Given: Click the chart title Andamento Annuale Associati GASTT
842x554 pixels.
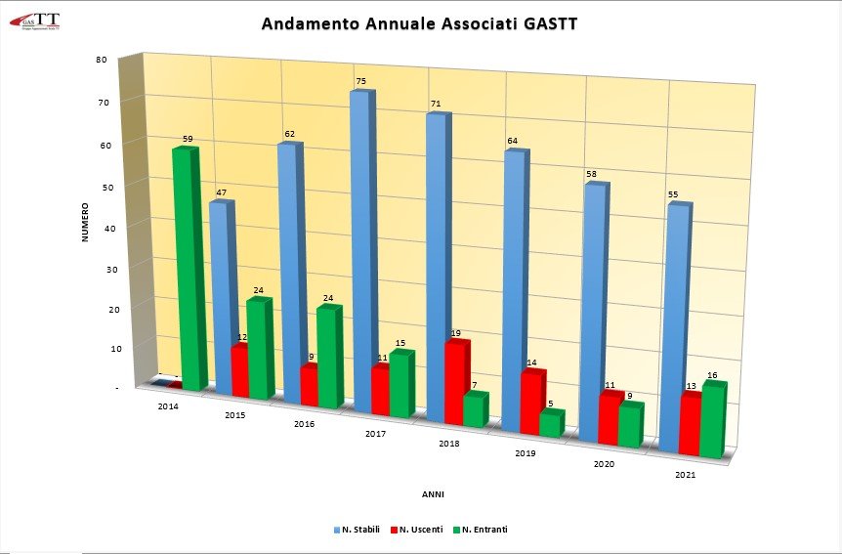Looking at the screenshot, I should click(x=420, y=23).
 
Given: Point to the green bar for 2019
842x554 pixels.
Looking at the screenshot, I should click(x=550, y=424).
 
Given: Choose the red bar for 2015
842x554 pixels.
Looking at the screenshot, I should click(x=238, y=370).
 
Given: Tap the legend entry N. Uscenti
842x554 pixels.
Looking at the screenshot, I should click(x=417, y=530).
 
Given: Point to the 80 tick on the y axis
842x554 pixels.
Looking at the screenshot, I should click(x=102, y=59).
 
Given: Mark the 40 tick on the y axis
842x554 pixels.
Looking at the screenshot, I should click(x=102, y=228).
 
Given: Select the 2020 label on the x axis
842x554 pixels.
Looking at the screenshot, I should click(x=604, y=464).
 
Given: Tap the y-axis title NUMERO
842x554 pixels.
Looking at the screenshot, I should click(x=86, y=222).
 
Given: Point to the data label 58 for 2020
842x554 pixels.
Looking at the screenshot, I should click(x=592, y=175).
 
